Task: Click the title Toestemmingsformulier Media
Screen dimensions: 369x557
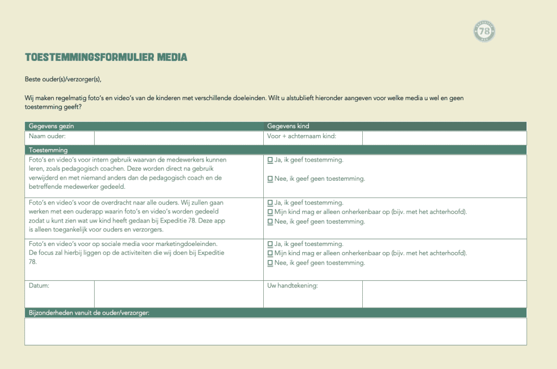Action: pyautogui.click(x=106, y=57)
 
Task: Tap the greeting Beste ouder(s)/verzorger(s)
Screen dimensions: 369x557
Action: pyautogui.click(x=63, y=79)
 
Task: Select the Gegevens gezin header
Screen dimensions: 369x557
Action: pyautogui.click(x=52, y=126)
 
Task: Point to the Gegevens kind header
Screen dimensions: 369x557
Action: pyautogui.click(x=288, y=126)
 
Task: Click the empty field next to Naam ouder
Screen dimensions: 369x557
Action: pyautogui.click(x=178, y=138)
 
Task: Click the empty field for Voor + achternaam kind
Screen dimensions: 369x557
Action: pyautogui.click(x=444, y=138)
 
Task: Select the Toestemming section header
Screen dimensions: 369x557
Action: pyautogui.click(x=48, y=150)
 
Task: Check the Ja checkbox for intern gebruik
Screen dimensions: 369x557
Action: pyautogui.click(x=270, y=161)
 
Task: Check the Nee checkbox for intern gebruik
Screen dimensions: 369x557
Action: pyautogui.click(x=270, y=179)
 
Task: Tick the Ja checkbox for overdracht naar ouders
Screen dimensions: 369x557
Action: pyautogui.click(x=270, y=203)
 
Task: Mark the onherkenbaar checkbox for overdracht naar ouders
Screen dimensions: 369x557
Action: pyautogui.click(x=270, y=212)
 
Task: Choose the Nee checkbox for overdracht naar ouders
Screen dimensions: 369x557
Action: pyautogui.click(x=270, y=222)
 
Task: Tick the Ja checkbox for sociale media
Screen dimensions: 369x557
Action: pyautogui.click(x=270, y=244)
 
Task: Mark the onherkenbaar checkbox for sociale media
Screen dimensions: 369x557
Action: pyautogui.click(x=270, y=254)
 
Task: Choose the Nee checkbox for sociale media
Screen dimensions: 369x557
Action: pyautogui.click(x=270, y=263)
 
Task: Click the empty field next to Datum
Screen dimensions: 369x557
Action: pyautogui.click(x=178, y=294)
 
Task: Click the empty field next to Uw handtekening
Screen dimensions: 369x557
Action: pyautogui.click(x=444, y=294)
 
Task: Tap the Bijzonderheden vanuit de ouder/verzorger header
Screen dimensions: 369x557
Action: pyautogui.click(x=89, y=312)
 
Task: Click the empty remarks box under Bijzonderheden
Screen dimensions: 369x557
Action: pyautogui.click(x=275, y=331)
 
